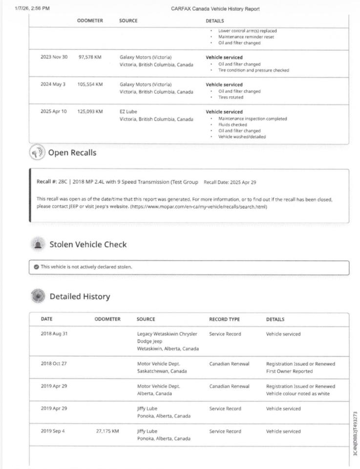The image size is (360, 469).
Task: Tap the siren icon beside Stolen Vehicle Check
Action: [37, 244]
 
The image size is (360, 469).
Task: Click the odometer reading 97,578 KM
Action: [90, 57]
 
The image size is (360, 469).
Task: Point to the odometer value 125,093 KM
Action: [90, 112]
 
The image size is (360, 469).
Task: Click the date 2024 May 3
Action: [53, 85]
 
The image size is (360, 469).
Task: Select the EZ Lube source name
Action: [128, 112]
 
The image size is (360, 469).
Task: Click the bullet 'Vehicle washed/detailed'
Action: [242, 137]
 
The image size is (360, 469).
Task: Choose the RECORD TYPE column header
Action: [224, 320]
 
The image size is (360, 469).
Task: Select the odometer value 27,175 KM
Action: [108, 431]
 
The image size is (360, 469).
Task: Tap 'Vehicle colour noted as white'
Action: [300, 394]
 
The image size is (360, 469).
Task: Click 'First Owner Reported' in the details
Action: [292, 371]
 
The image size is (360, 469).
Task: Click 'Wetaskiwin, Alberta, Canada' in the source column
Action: [168, 349]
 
